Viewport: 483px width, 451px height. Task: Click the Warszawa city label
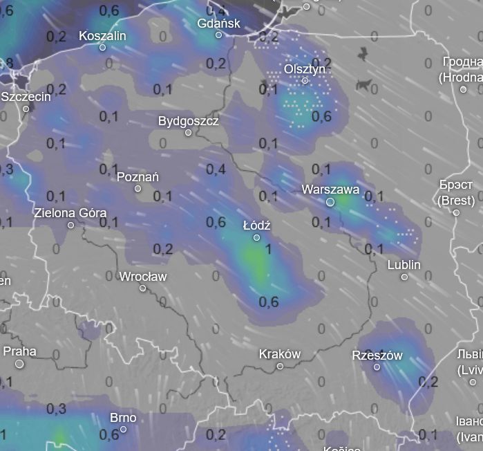click(x=330, y=189)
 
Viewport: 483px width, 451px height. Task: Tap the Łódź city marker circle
click(x=256, y=237)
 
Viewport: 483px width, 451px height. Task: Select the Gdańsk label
click(x=218, y=23)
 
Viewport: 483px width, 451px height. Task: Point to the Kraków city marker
click(x=280, y=366)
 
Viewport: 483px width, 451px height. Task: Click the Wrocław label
click(x=143, y=276)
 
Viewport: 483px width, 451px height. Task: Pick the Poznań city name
click(x=138, y=176)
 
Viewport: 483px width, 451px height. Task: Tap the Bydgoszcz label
click(x=188, y=121)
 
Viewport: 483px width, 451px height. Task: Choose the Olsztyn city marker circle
click(x=305, y=81)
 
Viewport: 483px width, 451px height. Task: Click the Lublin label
click(x=404, y=265)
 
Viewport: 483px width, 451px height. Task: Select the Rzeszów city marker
click(x=377, y=367)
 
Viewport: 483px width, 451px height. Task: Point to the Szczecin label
click(x=26, y=97)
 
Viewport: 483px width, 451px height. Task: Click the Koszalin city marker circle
click(x=102, y=47)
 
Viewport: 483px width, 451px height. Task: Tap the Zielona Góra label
click(x=70, y=212)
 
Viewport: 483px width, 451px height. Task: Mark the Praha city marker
click(x=19, y=363)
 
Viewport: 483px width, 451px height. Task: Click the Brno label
click(x=123, y=417)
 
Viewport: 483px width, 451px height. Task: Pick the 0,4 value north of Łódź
click(x=216, y=169)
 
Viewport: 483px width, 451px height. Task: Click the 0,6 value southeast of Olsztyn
click(x=321, y=116)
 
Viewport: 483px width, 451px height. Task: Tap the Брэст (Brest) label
click(x=456, y=192)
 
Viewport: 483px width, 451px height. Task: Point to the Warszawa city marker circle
click(x=330, y=202)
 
